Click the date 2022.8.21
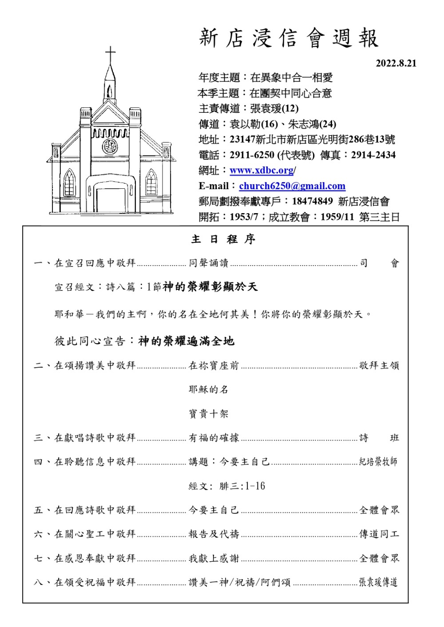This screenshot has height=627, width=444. (396, 63)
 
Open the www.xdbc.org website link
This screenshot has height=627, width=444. (262, 171)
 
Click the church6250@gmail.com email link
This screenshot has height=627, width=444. (292, 186)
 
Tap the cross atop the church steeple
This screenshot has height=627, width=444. (110, 55)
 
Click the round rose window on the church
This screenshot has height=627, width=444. (110, 146)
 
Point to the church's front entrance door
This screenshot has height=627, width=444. (110, 200)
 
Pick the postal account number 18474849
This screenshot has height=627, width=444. (312, 201)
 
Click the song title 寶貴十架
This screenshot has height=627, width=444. (208, 414)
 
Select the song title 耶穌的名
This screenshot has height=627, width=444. (208, 389)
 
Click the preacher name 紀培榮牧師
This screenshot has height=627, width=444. (378, 462)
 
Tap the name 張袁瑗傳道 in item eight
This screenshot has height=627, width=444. (378, 582)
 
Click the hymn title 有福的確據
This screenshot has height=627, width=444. (214, 438)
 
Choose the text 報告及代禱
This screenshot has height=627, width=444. (214, 534)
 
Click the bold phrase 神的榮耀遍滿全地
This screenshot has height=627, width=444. (186, 341)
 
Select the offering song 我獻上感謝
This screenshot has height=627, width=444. (214, 558)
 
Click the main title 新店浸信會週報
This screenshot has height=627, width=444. (289, 38)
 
